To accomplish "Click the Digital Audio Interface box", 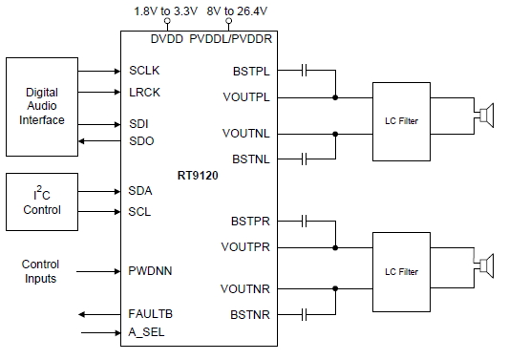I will [x=43, y=106].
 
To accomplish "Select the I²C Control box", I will [x=43, y=201].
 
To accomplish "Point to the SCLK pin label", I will [x=146, y=71].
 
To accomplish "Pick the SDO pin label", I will [x=141, y=140].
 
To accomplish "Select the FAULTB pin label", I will [x=151, y=313].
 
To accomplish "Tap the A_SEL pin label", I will [x=148, y=332].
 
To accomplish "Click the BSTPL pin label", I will [x=251, y=71].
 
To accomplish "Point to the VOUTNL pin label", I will [x=249, y=133].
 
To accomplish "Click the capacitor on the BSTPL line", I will [x=305, y=70].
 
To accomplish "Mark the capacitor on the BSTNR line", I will [x=305, y=313].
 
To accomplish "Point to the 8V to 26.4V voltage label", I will [x=232, y=11].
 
